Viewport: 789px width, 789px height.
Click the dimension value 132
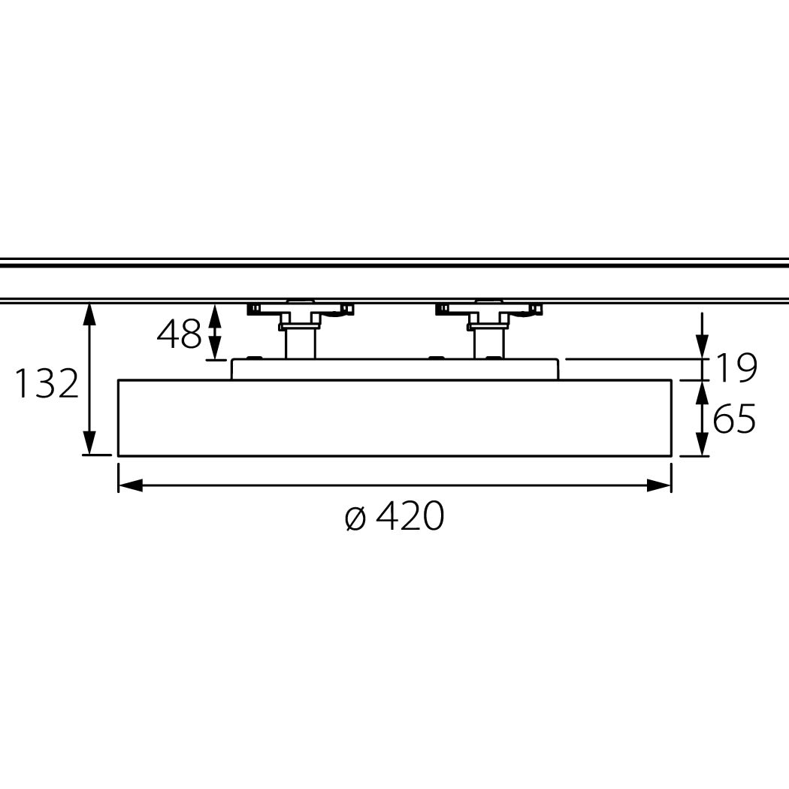[x=47, y=383]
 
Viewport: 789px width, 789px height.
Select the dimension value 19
[x=736, y=368]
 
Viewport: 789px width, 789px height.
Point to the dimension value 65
[x=734, y=418]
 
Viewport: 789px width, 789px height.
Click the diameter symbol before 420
[x=355, y=518]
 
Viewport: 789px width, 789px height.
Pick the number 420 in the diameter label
[x=410, y=515]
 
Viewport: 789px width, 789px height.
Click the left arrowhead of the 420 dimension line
[x=130, y=485]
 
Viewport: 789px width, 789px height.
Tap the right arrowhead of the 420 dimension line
[x=659, y=485]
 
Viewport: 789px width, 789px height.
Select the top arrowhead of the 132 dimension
[x=89, y=315]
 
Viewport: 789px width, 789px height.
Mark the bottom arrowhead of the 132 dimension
[x=89, y=443]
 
